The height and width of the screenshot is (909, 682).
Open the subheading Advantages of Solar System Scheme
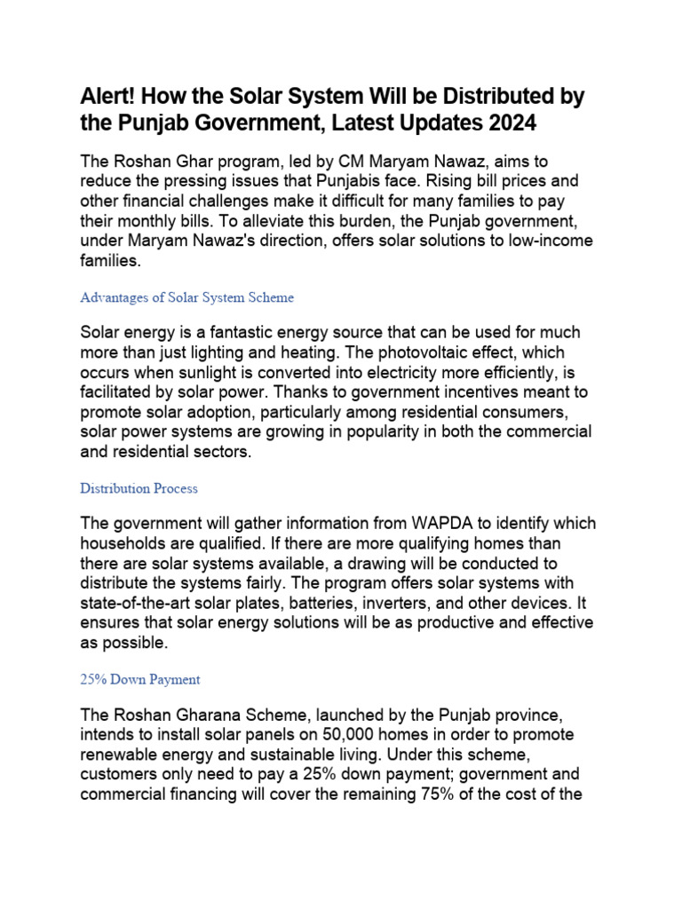186,297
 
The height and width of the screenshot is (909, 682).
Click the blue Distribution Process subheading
139,488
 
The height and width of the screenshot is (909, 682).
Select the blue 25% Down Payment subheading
139,679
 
